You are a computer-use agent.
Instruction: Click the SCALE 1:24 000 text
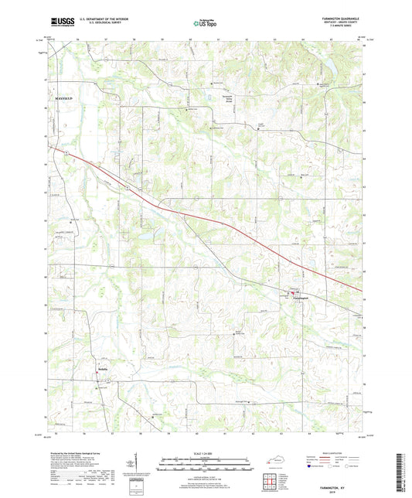(x=206, y=454)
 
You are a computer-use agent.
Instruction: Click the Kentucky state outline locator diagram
(x=274, y=460)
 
